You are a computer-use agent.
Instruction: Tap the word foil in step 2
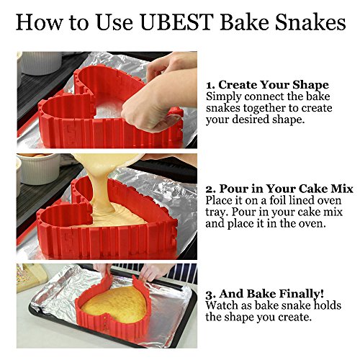[x=279, y=201]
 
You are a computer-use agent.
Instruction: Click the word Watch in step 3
[x=223, y=306]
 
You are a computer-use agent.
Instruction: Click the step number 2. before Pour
[x=212, y=189]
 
